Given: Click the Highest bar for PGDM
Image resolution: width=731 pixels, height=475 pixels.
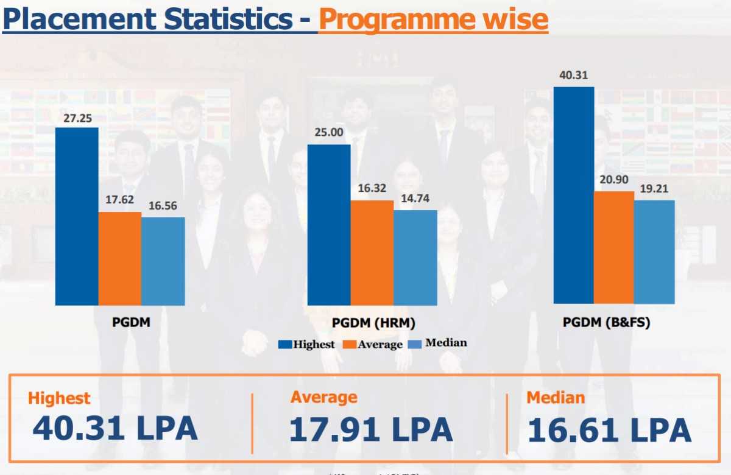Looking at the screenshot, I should pos(77,216).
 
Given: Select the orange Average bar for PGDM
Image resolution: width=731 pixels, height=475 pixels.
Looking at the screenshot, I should pos(120,258).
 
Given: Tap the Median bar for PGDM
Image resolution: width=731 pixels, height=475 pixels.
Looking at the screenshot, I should pos(163,261).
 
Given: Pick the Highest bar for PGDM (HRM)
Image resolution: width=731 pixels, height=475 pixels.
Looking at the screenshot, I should pos(329,225).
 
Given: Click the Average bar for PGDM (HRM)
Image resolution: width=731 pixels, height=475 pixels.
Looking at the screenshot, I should pos(372,253).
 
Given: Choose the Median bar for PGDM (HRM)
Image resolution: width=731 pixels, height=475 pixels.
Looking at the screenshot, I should pos(415,258).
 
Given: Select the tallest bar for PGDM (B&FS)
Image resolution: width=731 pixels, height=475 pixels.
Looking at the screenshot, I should pos(573,195).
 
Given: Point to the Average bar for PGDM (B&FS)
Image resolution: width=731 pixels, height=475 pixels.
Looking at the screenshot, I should pos(614,247).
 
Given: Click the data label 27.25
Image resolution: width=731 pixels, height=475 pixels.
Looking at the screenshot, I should pos(77,118).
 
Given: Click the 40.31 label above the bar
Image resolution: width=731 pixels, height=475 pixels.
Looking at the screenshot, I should pos(573,76).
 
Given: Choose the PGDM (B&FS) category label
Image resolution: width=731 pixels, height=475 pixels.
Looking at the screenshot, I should pos(606,323).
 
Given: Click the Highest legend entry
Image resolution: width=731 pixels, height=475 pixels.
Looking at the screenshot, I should pos(307,344).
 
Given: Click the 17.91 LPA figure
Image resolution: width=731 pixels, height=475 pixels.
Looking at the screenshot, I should pos(370,429).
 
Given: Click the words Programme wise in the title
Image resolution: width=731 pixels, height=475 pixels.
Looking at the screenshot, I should pos(433,19).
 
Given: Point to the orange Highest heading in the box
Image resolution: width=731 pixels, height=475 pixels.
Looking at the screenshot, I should pos(59,398).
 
